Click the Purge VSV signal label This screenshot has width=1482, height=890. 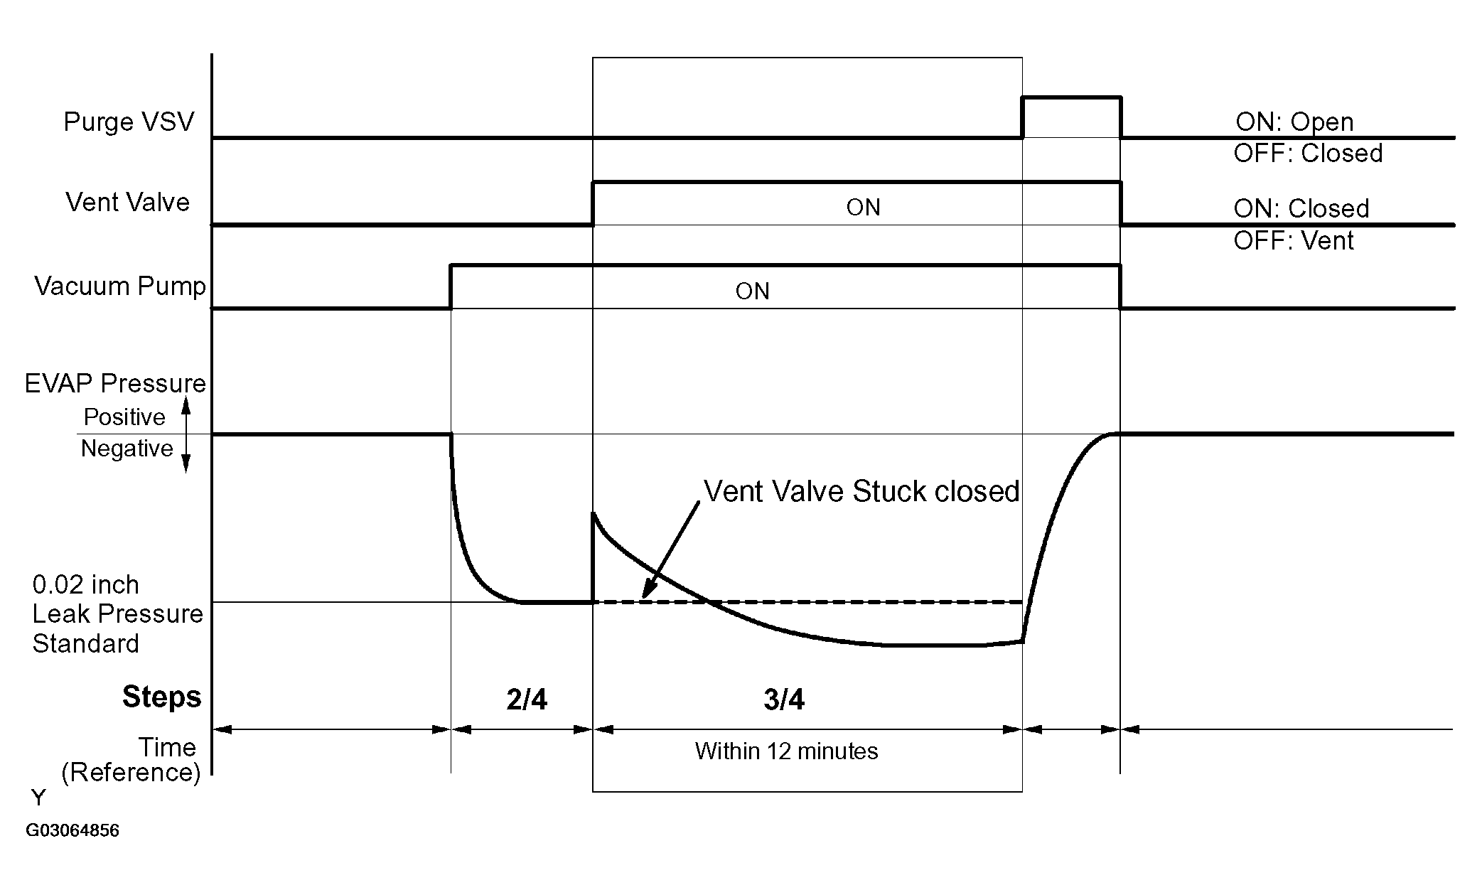(129, 122)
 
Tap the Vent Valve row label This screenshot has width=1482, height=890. (128, 203)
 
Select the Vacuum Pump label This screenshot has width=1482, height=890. (120, 286)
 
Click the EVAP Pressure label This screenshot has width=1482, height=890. (115, 384)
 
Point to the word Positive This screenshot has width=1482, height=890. (124, 417)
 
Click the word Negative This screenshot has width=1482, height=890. (127, 449)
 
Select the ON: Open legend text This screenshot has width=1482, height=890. (1294, 122)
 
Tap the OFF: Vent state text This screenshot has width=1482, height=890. (1294, 241)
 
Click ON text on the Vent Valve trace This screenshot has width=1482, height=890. (863, 208)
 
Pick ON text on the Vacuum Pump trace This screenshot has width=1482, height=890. (752, 291)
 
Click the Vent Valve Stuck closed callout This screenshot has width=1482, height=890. (861, 492)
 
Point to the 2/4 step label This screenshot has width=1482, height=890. (527, 700)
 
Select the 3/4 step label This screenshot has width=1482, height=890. (784, 700)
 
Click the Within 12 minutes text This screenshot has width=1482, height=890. (786, 751)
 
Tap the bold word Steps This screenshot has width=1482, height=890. (162, 697)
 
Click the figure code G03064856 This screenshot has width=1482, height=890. (73, 831)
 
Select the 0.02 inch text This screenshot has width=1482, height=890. (86, 585)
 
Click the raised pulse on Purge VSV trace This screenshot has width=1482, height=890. (1071, 97)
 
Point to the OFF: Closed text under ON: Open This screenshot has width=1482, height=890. (1308, 154)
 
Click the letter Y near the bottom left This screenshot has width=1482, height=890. (38, 798)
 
